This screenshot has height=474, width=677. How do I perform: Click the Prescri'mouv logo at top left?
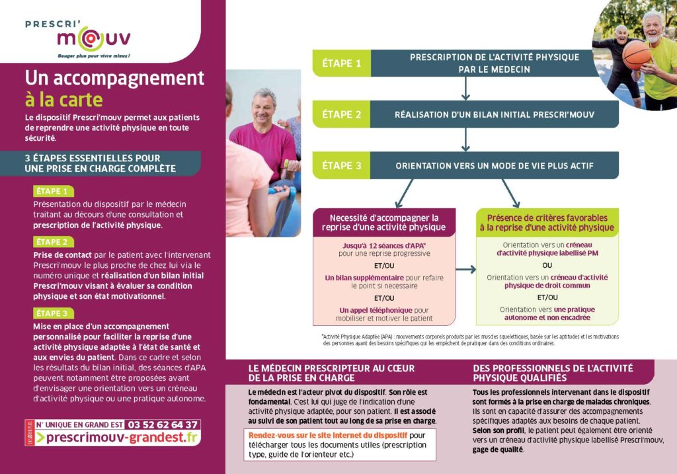(x=78, y=37)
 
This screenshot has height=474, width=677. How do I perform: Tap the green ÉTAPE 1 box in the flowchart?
(x=341, y=63)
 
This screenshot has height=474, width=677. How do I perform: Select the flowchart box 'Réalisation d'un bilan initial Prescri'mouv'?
(x=495, y=114)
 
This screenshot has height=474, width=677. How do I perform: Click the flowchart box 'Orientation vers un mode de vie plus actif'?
(x=495, y=166)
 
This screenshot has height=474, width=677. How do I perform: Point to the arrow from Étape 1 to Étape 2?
(x=466, y=87)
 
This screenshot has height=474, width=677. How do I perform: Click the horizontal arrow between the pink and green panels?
(x=466, y=269)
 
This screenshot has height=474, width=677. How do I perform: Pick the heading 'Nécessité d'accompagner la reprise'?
(x=384, y=222)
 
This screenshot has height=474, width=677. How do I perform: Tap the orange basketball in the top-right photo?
(x=636, y=56)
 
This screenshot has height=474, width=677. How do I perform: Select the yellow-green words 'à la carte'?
(x=64, y=99)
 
